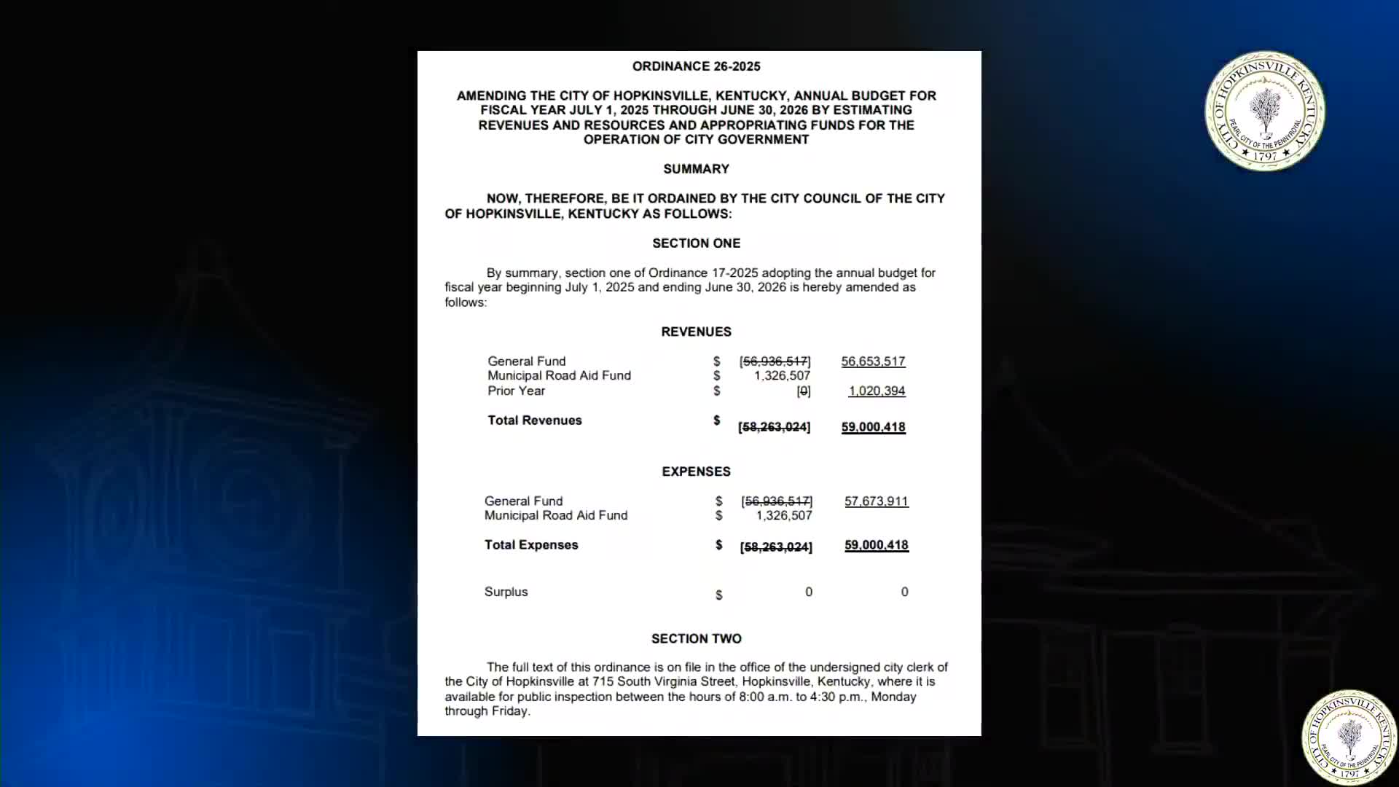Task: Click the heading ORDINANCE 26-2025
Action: [696, 66]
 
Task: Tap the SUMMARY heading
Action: [696, 169]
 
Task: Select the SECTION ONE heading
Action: [696, 243]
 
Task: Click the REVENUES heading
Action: [696, 332]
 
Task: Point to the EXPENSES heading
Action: [696, 471]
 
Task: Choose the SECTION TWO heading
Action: [696, 638]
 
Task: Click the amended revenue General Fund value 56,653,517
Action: [873, 361]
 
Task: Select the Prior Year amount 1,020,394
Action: [877, 391]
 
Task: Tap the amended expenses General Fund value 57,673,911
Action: [876, 501]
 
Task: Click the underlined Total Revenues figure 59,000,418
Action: [873, 427]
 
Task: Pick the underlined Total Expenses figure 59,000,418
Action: [876, 545]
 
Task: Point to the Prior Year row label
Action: [516, 391]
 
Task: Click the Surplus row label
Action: [506, 592]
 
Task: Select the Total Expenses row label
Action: [531, 545]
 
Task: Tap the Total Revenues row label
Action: [535, 420]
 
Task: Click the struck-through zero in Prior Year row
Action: [803, 391]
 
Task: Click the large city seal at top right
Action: [1265, 111]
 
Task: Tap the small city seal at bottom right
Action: [1349, 737]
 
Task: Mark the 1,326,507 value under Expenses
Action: [783, 516]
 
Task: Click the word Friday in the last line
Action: [509, 711]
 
